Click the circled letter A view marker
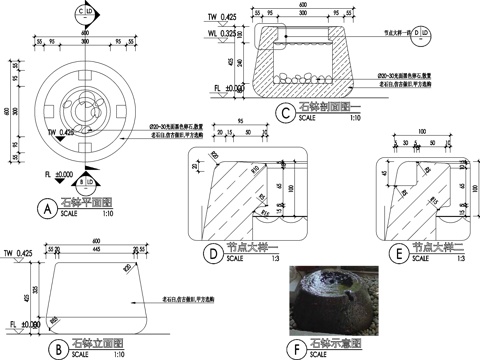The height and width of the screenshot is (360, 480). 44,208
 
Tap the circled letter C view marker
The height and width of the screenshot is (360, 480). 287,113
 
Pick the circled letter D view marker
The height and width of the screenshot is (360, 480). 213,253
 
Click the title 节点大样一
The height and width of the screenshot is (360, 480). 249,247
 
